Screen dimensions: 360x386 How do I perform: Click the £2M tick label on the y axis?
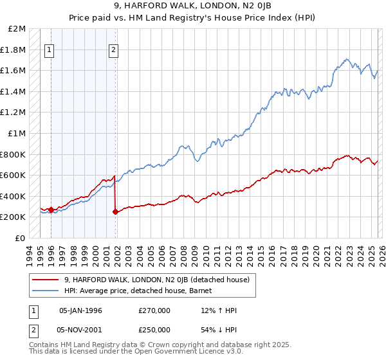tap(17, 29)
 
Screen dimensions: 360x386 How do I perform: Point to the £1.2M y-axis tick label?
tap(14, 113)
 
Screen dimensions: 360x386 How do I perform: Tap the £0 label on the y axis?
tap(21, 238)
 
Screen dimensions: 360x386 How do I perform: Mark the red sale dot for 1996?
tap(51, 210)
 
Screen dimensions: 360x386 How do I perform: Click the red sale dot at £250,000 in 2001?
tap(115, 212)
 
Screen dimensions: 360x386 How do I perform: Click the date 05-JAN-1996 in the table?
tap(80, 310)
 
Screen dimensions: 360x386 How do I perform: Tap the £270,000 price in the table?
tap(154, 310)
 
